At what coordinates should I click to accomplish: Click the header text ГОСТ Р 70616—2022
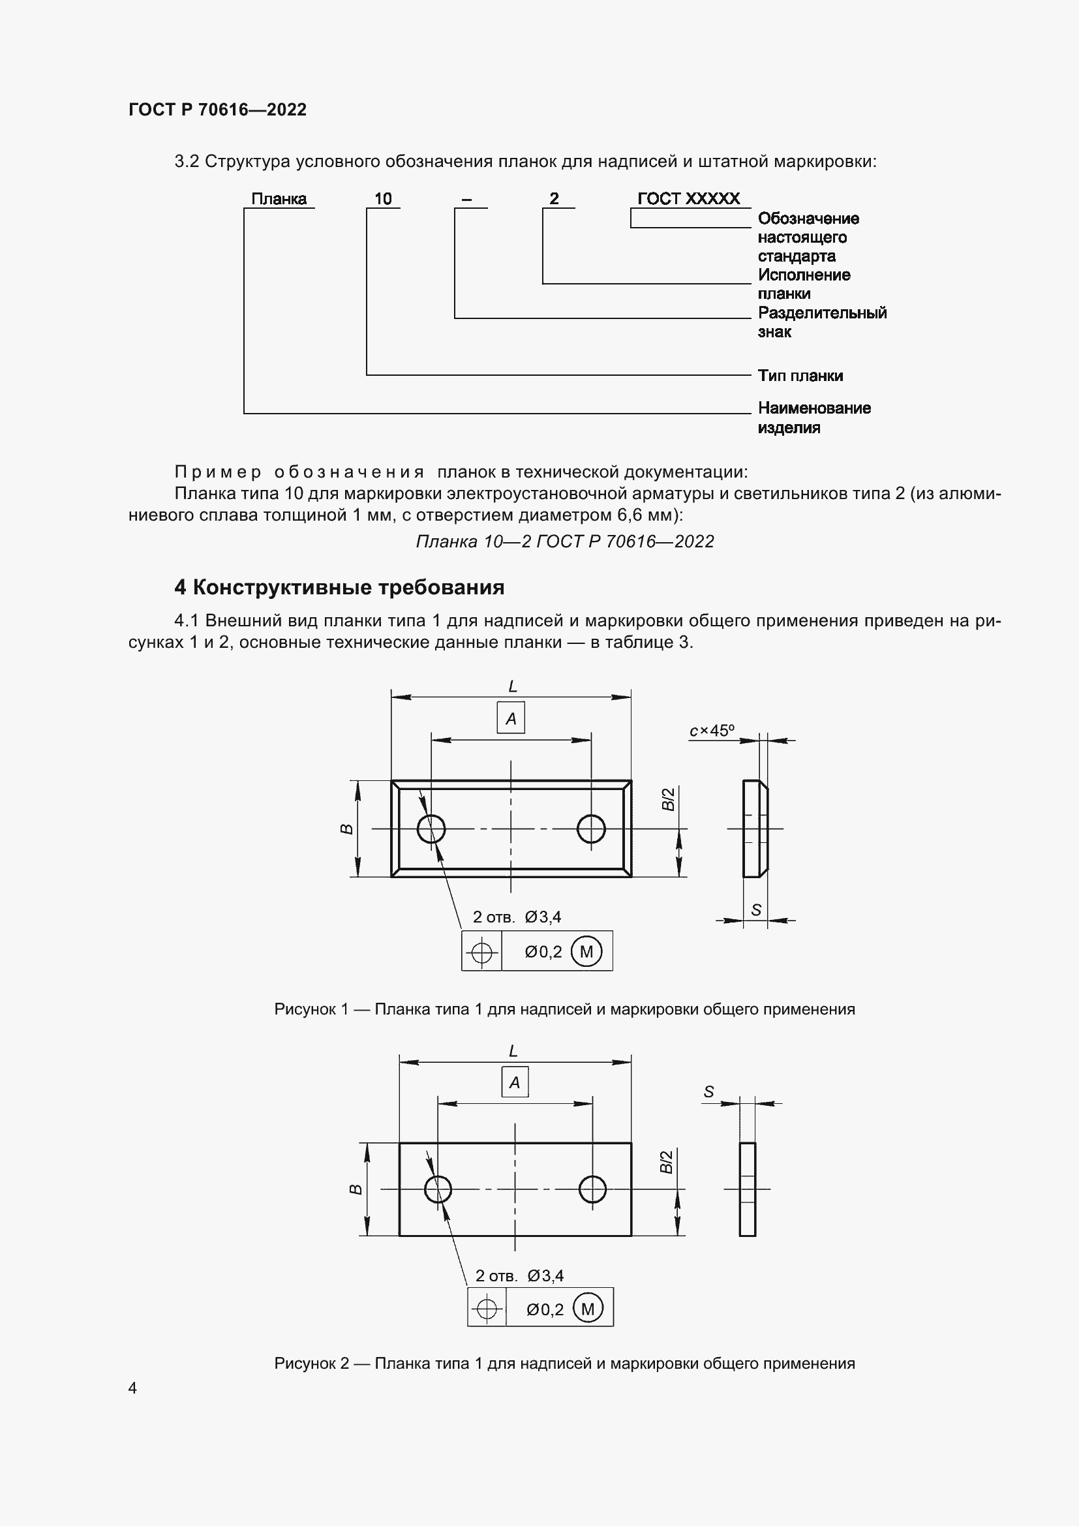[x=217, y=110]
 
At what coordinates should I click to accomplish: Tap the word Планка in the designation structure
[x=279, y=199]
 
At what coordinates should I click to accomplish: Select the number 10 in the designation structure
[x=383, y=199]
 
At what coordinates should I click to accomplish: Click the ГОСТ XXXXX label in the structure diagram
[x=688, y=199]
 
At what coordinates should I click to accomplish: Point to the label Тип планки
[x=800, y=376]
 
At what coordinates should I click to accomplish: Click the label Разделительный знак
[x=821, y=322]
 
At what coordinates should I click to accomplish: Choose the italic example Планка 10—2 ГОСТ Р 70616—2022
[x=565, y=542]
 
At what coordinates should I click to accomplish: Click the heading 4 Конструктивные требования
[x=339, y=588]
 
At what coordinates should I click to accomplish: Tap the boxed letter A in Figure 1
[x=511, y=718]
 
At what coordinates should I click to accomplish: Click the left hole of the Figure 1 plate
[x=431, y=829]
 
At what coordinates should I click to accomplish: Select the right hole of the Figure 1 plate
[x=590, y=829]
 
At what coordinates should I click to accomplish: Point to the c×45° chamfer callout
[x=712, y=731]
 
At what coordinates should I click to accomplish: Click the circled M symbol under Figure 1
[x=586, y=952]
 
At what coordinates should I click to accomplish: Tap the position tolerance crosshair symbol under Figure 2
[x=487, y=1309]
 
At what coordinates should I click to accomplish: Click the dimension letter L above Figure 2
[x=513, y=1052]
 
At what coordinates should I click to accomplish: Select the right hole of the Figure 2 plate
[x=592, y=1189]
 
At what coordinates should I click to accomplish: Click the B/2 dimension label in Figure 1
[x=668, y=799]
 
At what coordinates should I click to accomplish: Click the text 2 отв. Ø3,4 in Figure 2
[x=519, y=1275]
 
